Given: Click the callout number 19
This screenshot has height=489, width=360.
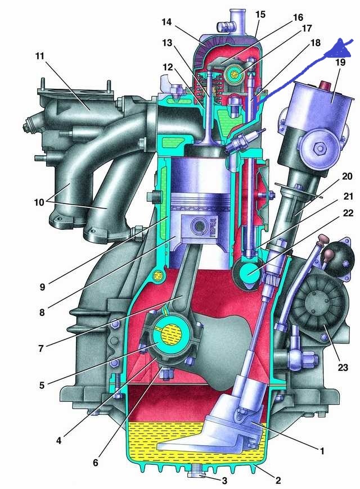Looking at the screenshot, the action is tap(340, 62).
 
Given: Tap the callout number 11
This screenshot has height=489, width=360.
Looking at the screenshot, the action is tap(39, 56).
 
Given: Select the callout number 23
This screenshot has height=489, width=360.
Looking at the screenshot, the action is tap(343, 367).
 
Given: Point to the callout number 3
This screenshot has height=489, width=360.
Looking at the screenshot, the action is tap(224, 481).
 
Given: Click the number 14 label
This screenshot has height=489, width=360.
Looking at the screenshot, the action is tap(166, 22).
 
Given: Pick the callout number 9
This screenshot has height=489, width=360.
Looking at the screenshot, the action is tap(42, 287).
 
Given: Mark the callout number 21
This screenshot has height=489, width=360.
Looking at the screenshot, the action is tap(348, 196).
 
